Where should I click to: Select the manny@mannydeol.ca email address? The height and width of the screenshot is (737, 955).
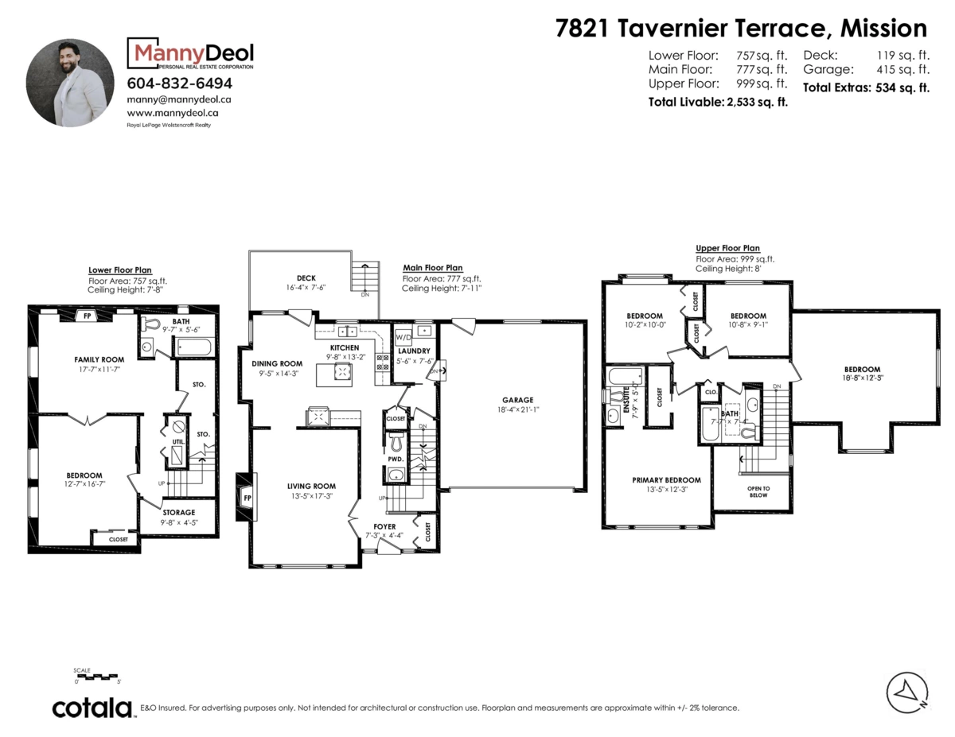click(x=179, y=100)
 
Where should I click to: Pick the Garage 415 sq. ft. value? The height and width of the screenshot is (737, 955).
click(x=866, y=69)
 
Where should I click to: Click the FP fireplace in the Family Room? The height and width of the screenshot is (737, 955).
click(x=86, y=316)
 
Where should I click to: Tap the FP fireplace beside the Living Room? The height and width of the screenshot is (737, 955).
click(x=247, y=498)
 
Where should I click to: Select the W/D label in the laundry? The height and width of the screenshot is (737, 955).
click(x=403, y=334)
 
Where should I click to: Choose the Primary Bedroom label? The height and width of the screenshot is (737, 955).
click(x=666, y=479)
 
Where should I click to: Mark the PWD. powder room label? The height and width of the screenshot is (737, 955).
click(x=396, y=459)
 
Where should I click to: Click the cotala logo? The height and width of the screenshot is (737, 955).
click(x=92, y=708)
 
